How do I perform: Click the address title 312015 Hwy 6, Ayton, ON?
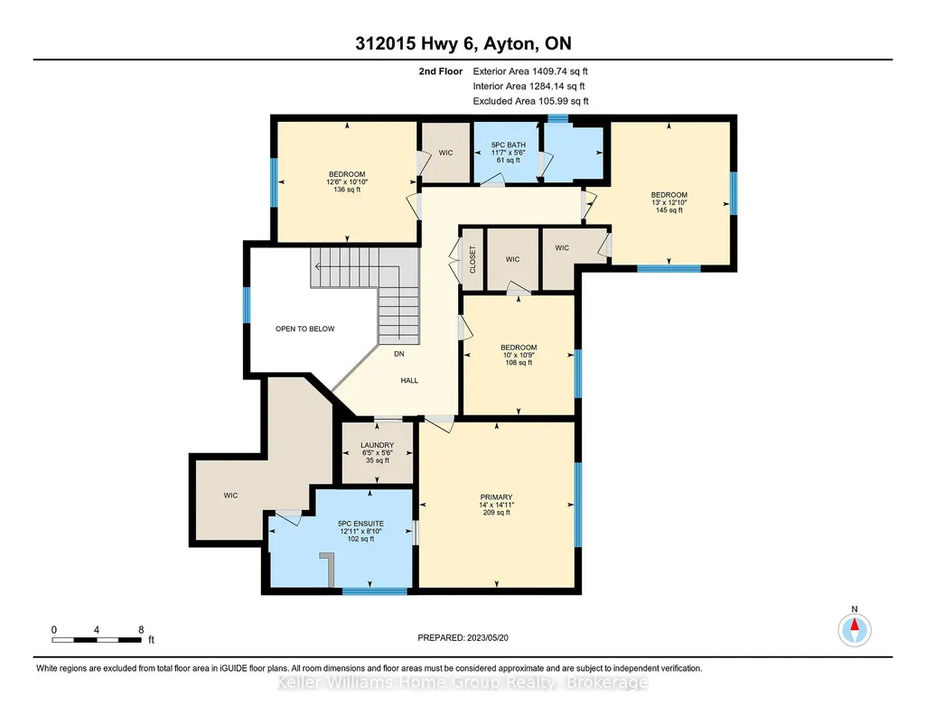coord(463,43)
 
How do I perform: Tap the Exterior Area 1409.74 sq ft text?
coord(530,71)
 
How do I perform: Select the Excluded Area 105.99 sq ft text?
coord(531,101)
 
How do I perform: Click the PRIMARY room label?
coord(496,497)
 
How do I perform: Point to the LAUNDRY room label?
coord(378,445)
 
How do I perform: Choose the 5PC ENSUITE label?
coord(360,524)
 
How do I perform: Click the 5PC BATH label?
coord(509,145)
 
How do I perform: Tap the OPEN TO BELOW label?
coord(304,329)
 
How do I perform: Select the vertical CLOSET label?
coord(472,260)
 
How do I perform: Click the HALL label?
coord(409,380)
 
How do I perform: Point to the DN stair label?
coord(399,354)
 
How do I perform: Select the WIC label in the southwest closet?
coord(231,496)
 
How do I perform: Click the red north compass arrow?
coord(854,624)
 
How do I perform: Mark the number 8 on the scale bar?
coord(141,629)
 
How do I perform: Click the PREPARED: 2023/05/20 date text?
coord(463,637)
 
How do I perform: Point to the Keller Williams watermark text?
coord(463,682)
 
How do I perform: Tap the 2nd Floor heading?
coord(441,71)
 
